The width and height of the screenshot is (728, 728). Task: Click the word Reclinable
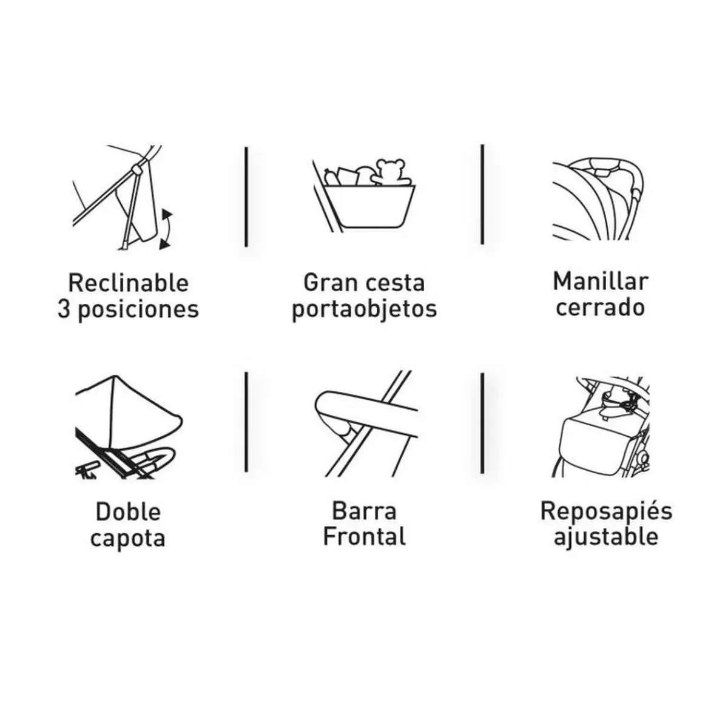(x=128, y=283)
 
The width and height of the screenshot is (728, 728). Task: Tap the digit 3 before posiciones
(x=64, y=309)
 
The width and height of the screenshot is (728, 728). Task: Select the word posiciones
(x=138, y=311)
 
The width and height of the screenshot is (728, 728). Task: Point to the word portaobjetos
(x=365, y=311)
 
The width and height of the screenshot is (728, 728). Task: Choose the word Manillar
(x=601, y=281)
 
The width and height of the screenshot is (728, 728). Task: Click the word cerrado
(x=601, y=308)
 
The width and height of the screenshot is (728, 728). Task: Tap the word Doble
(x=128, y=512)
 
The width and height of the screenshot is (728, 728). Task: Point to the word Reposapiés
(x=606, y=511)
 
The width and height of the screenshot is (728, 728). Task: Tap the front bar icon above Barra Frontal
(x=366, y=423)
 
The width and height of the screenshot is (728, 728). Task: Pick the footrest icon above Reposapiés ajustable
(x=601, y=427)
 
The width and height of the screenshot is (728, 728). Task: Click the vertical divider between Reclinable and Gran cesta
(x=246, y=197)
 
